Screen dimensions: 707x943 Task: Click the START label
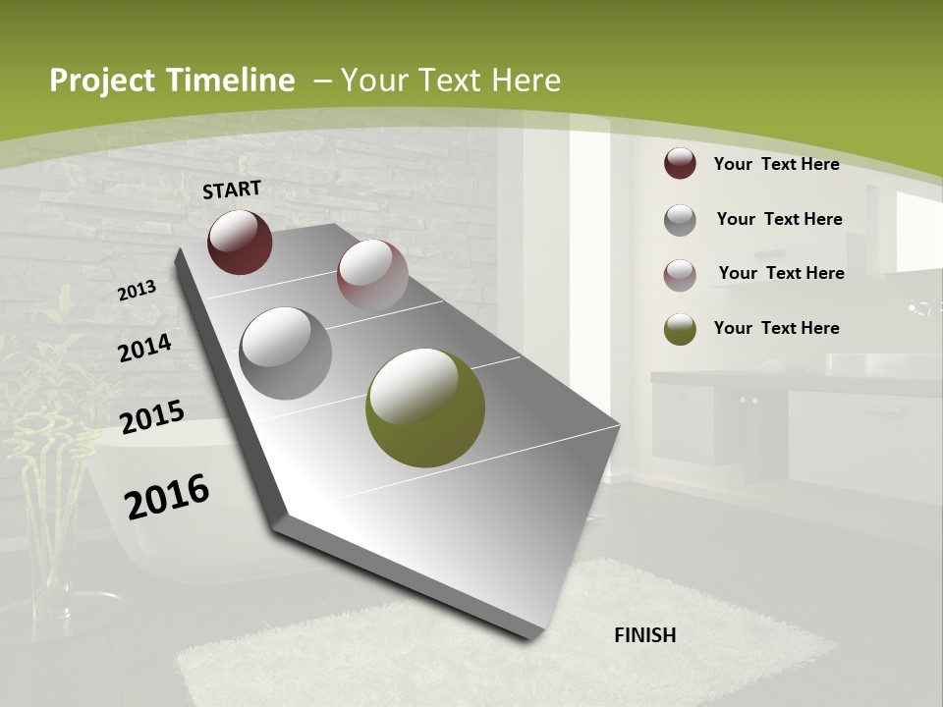pos(232,190)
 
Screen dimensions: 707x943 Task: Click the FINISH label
pos(645,635)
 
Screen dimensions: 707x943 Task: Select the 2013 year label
pos(137,291)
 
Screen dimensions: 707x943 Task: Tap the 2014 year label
pos(144,349)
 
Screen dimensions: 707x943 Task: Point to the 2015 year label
pos(152,417)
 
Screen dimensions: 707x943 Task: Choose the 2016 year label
pos(167,497)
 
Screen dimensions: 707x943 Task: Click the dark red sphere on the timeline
pos(240,242)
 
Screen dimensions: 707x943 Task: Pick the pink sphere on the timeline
pos(372,274)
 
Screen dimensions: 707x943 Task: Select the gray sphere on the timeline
pos(285,353)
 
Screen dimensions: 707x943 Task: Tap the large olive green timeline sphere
pos(425,408)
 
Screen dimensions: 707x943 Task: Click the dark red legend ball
pos(680,164)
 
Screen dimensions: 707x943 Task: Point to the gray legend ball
pos(680,220)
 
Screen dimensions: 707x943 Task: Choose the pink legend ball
pos(680,274)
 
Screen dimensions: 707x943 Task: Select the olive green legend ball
pos(680,329)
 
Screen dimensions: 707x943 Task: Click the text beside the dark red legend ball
pos(776,164)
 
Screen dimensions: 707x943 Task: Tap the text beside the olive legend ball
pos(776,328)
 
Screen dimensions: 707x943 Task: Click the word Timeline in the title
pos(231,81)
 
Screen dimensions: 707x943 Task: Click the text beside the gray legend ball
pos(779,219)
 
